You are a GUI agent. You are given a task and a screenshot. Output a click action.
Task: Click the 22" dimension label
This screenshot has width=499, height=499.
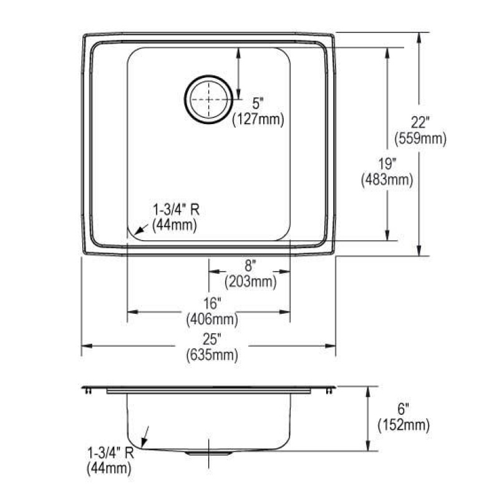pyautogui.click(x=420, y=122)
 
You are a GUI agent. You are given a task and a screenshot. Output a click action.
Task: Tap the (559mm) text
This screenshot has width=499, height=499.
pyautogui.click(x=420, y=138)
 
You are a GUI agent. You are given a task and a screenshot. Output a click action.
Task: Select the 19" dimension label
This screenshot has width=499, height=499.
pyautogui.click(x=387, y=164)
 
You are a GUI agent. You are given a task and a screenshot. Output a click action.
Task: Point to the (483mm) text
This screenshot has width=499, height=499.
pyautogui.click(x=387, y=180)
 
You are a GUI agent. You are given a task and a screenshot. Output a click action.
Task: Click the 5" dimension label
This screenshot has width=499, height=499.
pyautogui.click(x=258, y=104)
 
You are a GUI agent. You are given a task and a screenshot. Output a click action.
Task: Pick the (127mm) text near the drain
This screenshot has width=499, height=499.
pyautogui.click(x=258, y=120)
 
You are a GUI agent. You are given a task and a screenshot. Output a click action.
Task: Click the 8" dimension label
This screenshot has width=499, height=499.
pyautogui.click(x=250, y=266)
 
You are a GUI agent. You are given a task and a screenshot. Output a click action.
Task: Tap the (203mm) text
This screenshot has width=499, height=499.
pyautogui.click(x=251, y=282)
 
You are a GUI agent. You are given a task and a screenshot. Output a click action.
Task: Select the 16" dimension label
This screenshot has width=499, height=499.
pyautogui.click(x=212, y=303)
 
